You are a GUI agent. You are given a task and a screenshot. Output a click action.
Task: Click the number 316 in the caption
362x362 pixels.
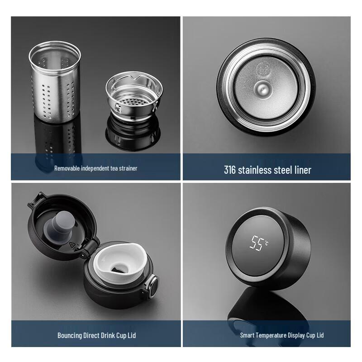point(231,170)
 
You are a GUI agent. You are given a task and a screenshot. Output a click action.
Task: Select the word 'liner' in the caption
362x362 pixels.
point(301,170)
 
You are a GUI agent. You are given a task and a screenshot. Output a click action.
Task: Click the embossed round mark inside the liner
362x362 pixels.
point(263,69)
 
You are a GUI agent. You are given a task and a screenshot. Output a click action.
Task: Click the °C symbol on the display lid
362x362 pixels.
point(267,243)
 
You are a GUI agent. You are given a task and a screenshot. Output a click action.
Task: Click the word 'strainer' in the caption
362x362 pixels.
point(127,168)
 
